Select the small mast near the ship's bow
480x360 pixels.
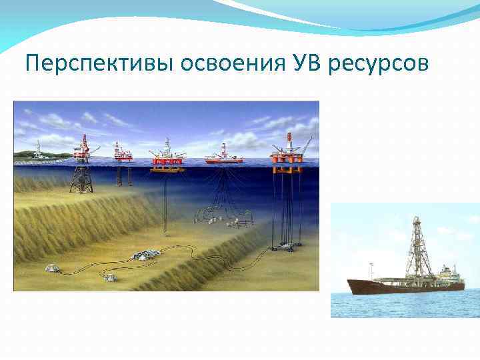click(x=363, y=270)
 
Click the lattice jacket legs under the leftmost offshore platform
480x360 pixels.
click(x=82, y=176)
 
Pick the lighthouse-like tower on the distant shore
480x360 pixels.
click(x=39, y=148)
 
